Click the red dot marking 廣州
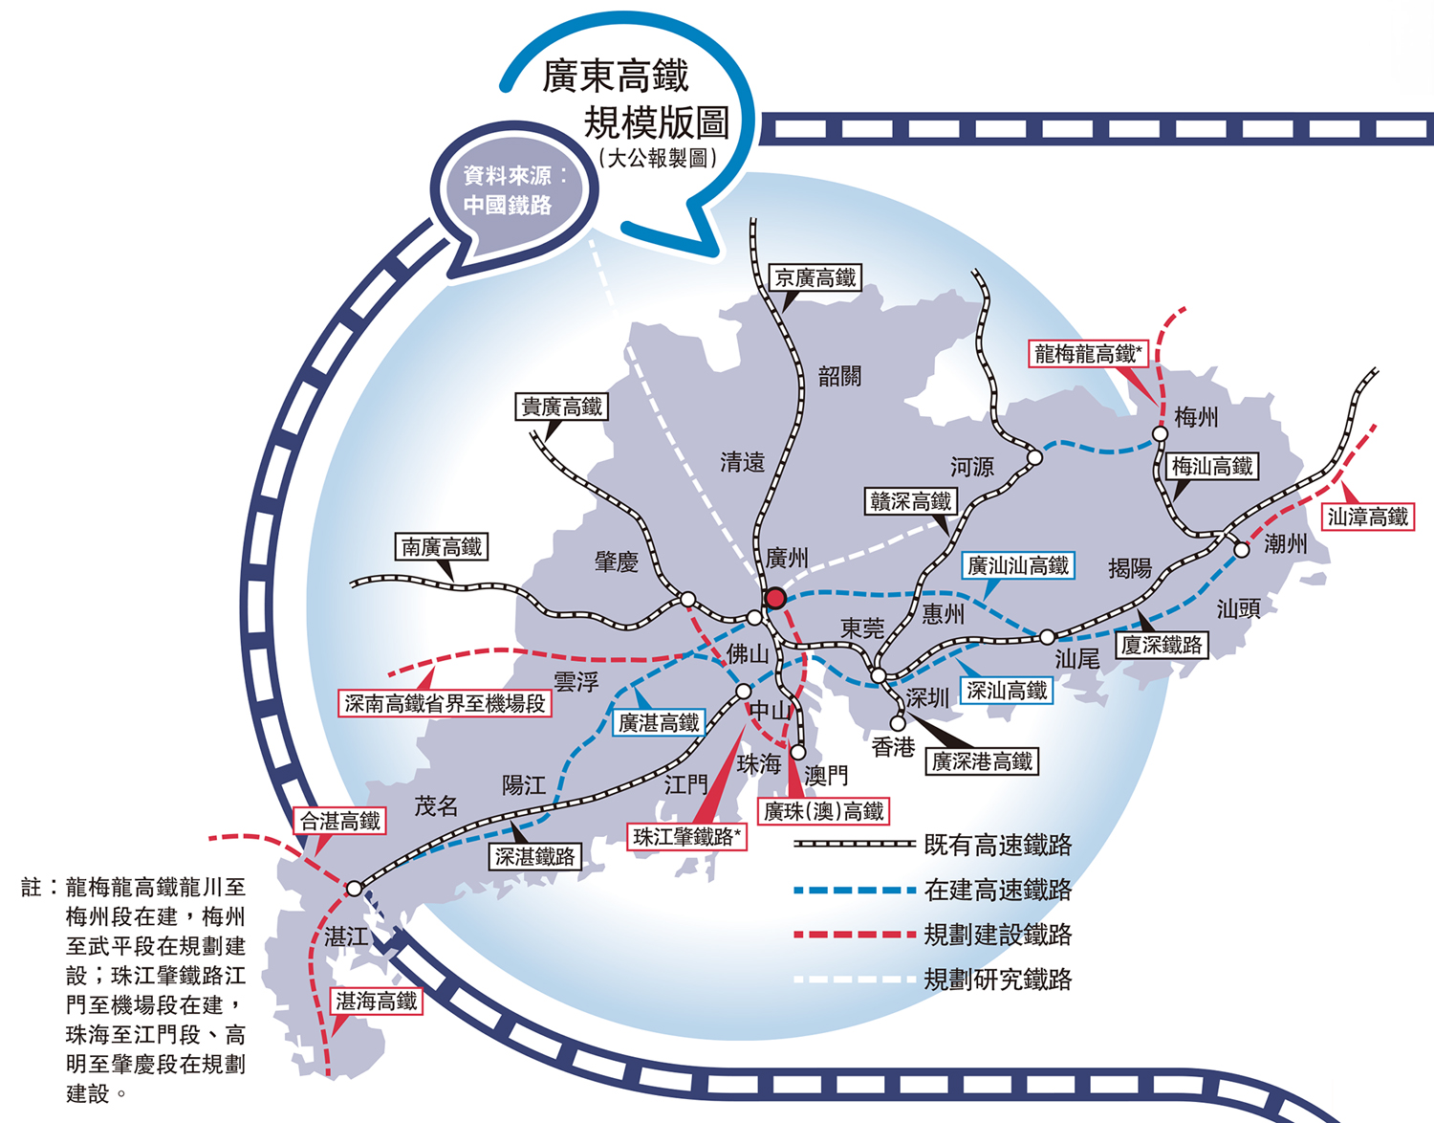[x=775, y=598]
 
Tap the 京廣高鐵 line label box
[x=815, y=278]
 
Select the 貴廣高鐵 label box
[x=562, y=407]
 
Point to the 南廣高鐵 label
[x=442, y=547]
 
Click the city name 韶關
[x=839, y=376]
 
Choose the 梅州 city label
[x=1196, y=417]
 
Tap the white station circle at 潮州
[x=1242, y=550]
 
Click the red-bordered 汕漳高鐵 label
[x=1368, y=517]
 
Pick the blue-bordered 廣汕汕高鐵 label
[x=1018, y=566]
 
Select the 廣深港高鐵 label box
[x=983, y=761]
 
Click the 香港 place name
[x=894, y=747]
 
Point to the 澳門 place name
[x=826, y=775]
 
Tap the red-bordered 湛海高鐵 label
[x=377, y=1002]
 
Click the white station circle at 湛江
[x=355, y=889]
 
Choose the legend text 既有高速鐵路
[x=998, y=845]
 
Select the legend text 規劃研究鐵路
[x=998, y=980]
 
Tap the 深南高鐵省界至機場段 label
[x=445, y=704]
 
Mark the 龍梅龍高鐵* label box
[x=1088, y=354]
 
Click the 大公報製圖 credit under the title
[x=658, y=158]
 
